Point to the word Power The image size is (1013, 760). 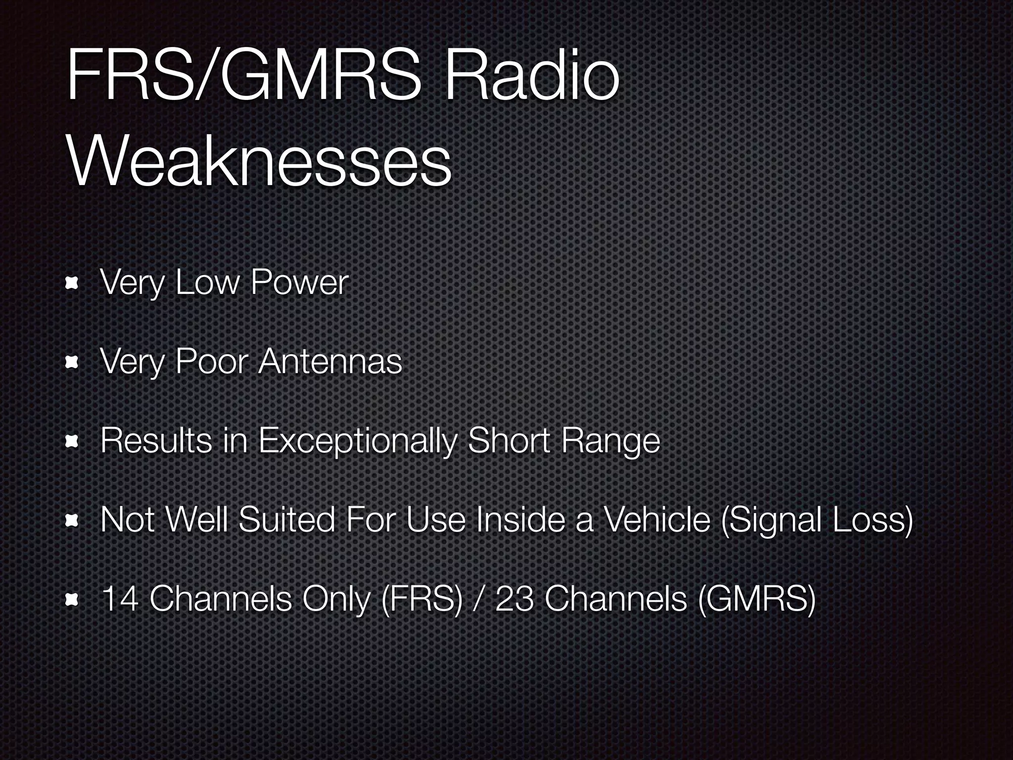(x=299, y=283)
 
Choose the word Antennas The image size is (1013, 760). (x=330, y=361)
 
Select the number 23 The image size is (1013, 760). (x=514, y=599)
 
